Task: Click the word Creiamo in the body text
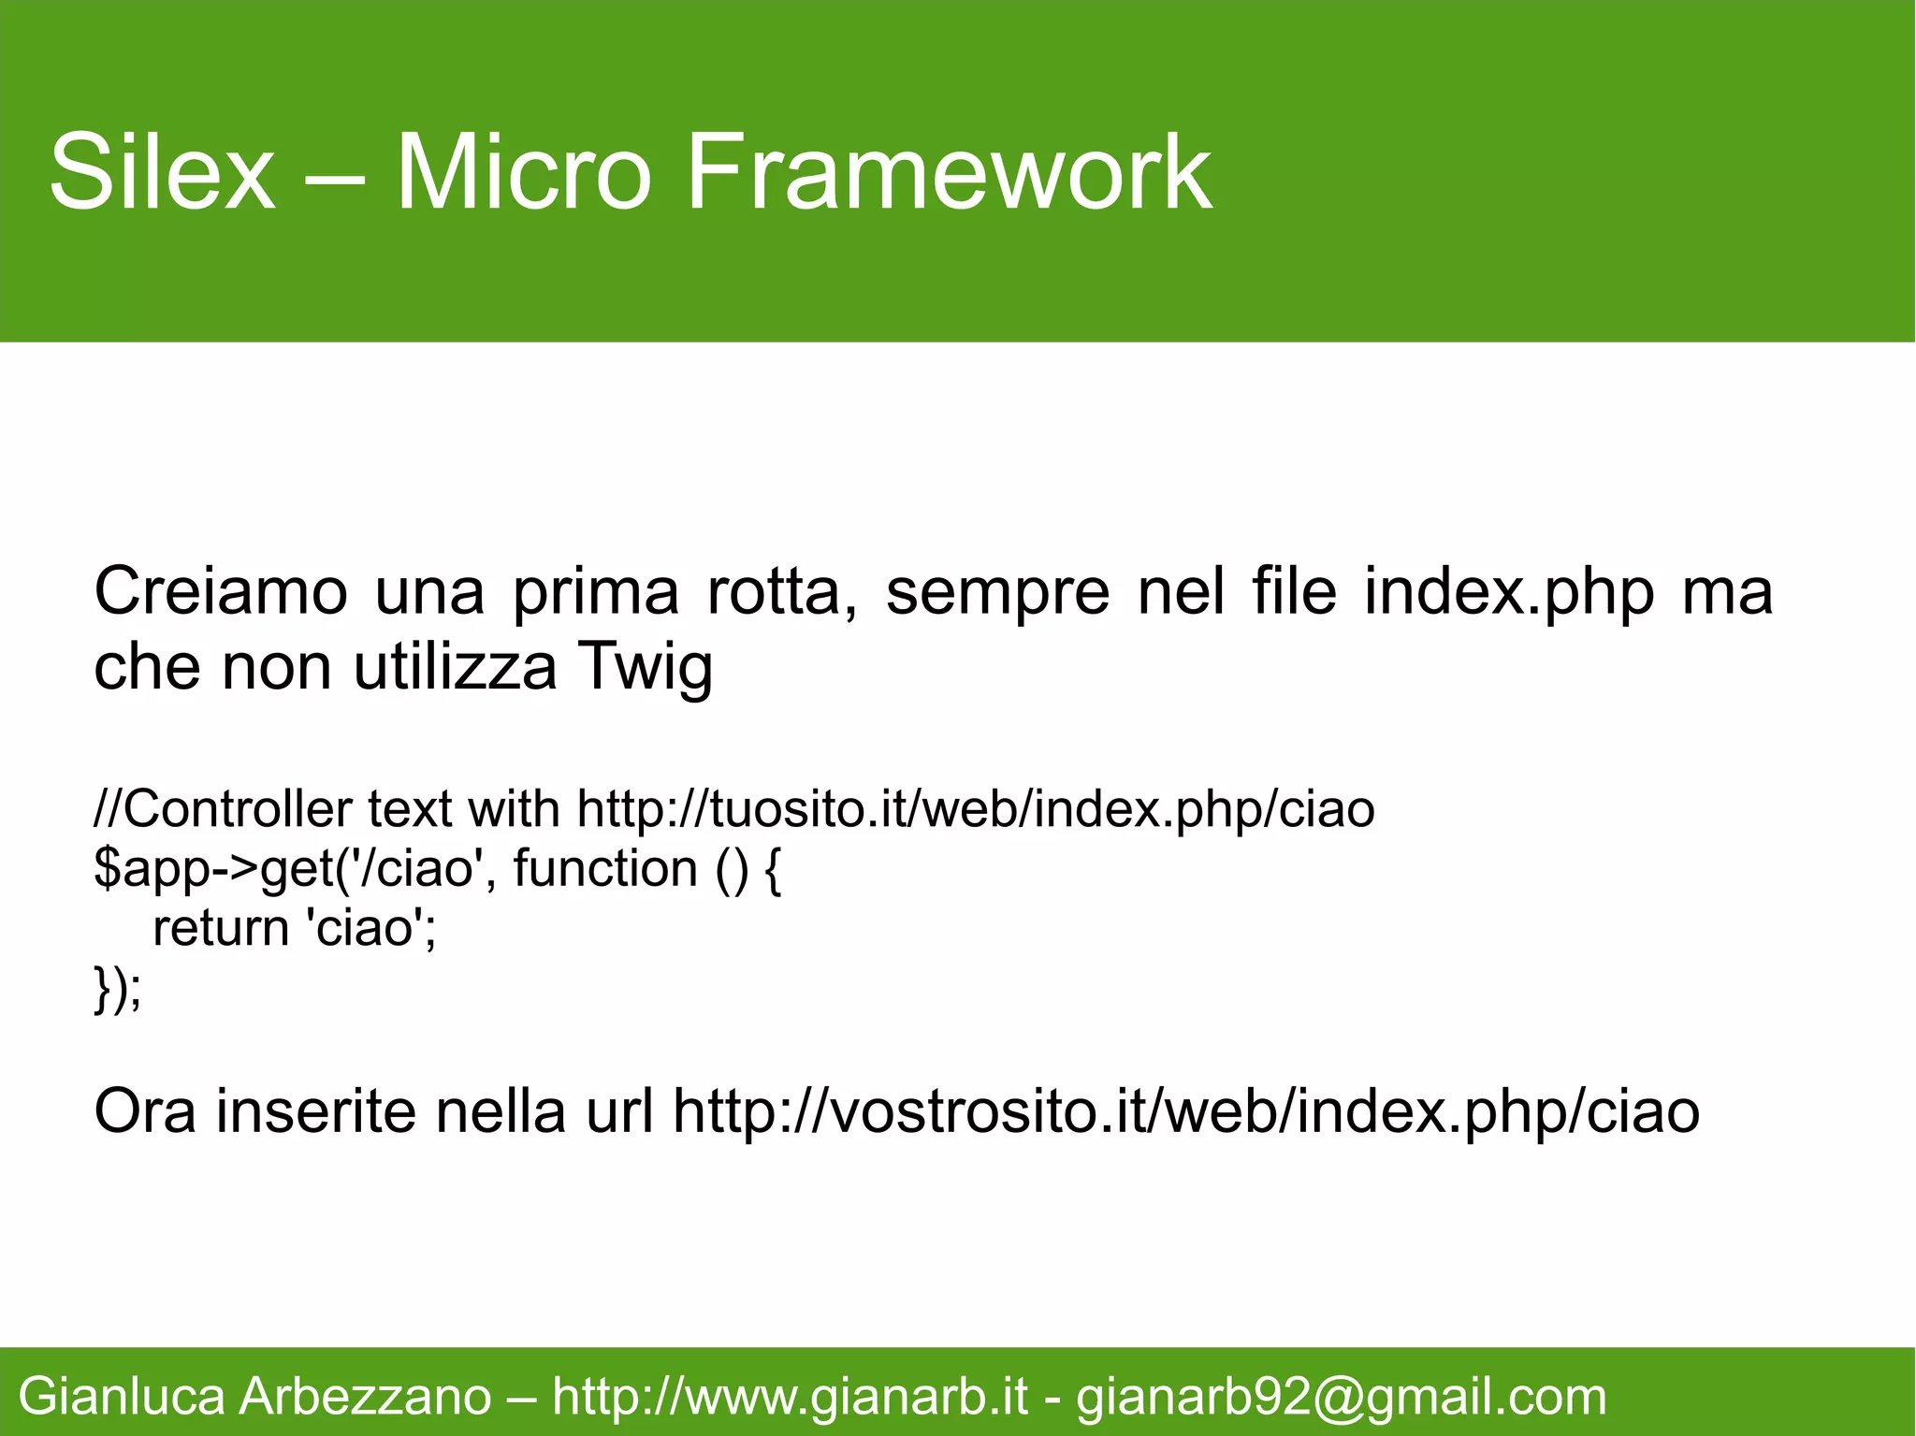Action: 221,592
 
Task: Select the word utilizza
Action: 455,668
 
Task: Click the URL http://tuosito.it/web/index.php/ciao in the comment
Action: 976,809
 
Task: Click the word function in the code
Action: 605,869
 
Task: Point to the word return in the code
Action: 221,928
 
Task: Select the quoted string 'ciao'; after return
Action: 371,928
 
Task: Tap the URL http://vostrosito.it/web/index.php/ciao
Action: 1185,1111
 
